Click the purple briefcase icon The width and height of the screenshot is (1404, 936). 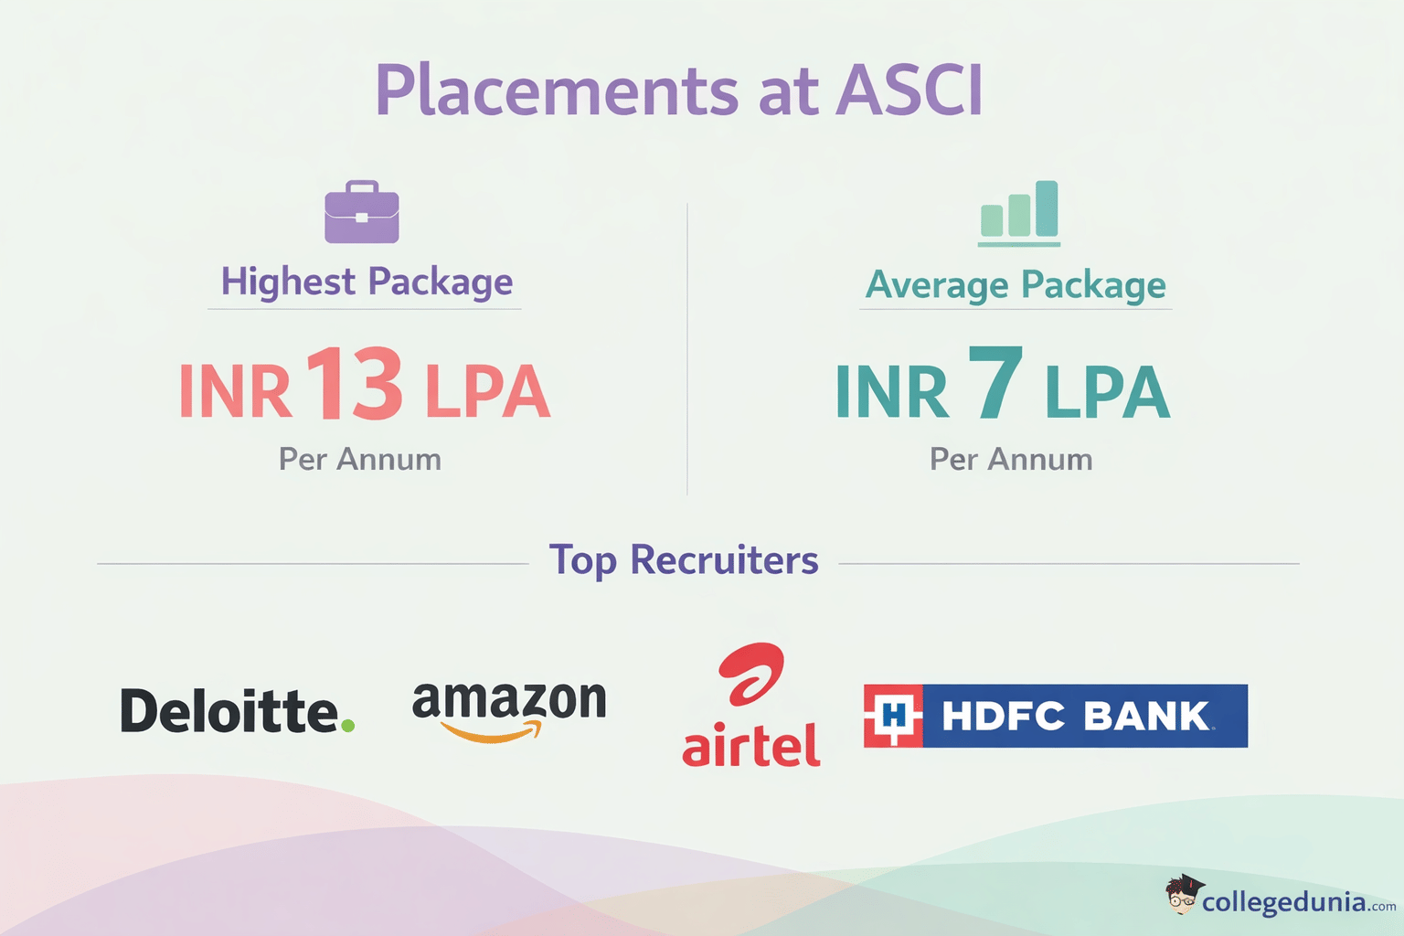click(362, 213)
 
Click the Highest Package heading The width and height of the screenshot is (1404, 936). click(367, 282)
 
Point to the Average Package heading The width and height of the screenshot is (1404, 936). click(1016, 284)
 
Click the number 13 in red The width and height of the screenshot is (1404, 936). click(354, 384)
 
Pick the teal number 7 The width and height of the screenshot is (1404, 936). click(995, 384)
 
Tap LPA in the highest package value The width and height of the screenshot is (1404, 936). click(487, 392)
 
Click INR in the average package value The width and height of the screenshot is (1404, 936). click(891, 392)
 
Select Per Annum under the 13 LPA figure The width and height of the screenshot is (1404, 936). click(360, 459)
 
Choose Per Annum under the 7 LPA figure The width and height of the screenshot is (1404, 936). click(1011, 459)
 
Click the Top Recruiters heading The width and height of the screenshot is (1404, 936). click(683, 560)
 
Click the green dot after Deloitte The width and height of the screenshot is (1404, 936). click(347, 726)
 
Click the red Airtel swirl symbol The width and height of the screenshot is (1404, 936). click(752, 674)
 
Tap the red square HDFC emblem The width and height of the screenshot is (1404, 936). click(893, 716)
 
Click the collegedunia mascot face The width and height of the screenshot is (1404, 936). click(1183, 897)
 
